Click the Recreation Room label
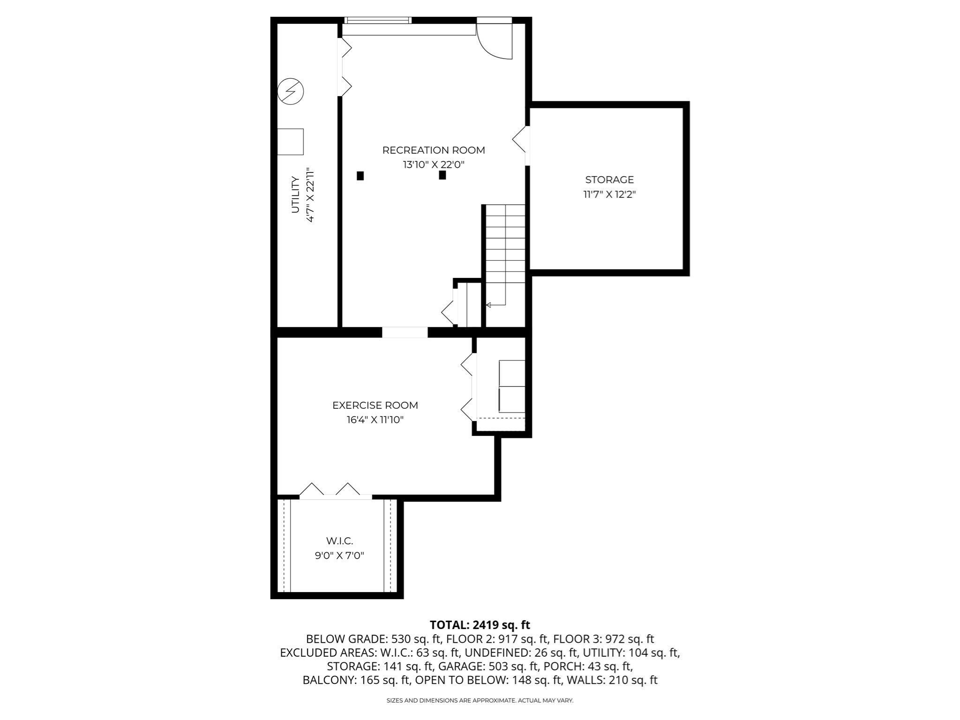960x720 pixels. [434, 150]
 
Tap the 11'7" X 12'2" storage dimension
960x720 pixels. [609, 194]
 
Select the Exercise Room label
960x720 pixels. [375, 405]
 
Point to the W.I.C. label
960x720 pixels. [339, 541]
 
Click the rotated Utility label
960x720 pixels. [295, 194]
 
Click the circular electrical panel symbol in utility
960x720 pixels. [291, 91]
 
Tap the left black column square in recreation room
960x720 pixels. [360, 176]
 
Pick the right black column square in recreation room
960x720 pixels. [442, 175]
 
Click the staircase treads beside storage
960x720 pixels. [505, 244]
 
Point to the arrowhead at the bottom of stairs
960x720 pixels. [488, 305]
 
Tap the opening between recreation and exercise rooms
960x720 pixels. [405, 332]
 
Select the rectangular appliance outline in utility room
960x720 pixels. [290, 142]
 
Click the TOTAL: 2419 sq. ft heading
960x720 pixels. [480, 625]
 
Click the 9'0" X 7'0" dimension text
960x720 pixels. [339, 556]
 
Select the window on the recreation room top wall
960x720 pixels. [378, 20]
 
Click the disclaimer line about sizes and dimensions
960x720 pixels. [480, 700]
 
